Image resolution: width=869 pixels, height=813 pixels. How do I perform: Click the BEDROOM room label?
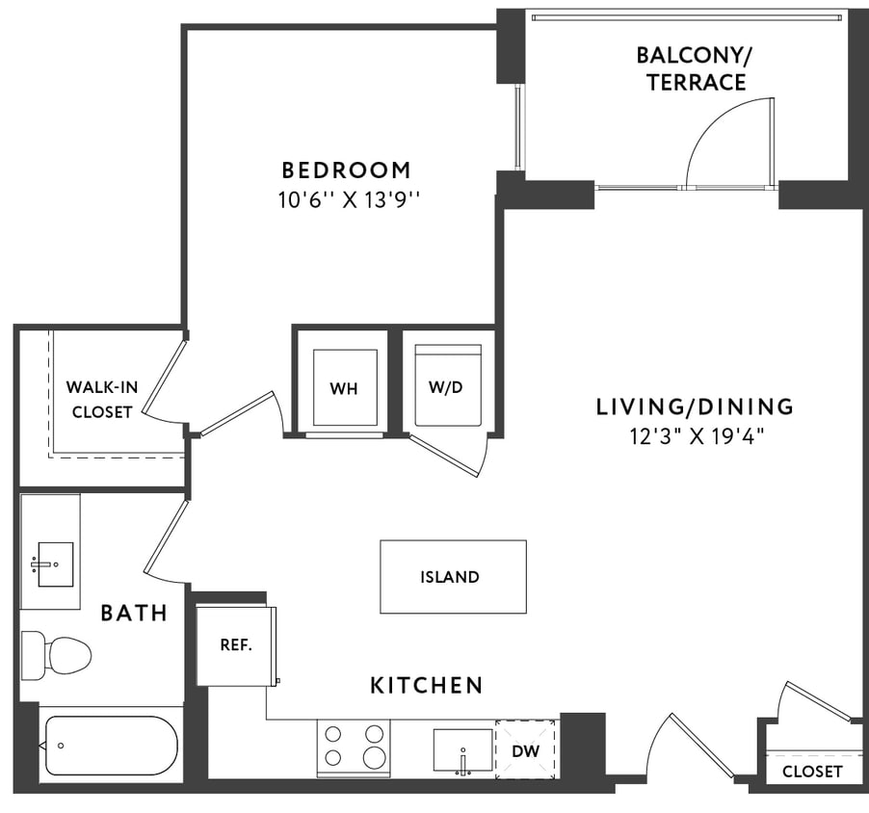(x=346, y=170)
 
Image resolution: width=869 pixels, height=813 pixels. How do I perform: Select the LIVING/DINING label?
(x=695, y=406)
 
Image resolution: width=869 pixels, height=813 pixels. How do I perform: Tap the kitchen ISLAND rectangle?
(x=453, y=576)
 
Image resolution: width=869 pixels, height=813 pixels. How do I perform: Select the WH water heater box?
(x=344, y=387)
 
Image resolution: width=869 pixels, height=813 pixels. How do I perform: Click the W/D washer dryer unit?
(x=446, y=386)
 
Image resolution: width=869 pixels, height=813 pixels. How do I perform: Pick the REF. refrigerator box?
(x=236, y=644)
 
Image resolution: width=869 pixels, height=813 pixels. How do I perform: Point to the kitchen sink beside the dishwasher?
(x=463, y=750)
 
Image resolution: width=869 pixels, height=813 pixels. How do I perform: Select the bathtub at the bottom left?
(x=110, y=745)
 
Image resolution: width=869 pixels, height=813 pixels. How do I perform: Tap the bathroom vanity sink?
(x=50, y=563)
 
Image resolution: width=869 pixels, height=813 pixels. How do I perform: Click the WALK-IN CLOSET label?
(x=101, y=399)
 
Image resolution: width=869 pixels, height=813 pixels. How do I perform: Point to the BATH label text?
(x=135, y=613)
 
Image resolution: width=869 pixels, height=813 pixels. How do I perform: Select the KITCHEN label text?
(x=427, y=686)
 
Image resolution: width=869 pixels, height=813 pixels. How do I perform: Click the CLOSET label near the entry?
(x=811, y=772)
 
